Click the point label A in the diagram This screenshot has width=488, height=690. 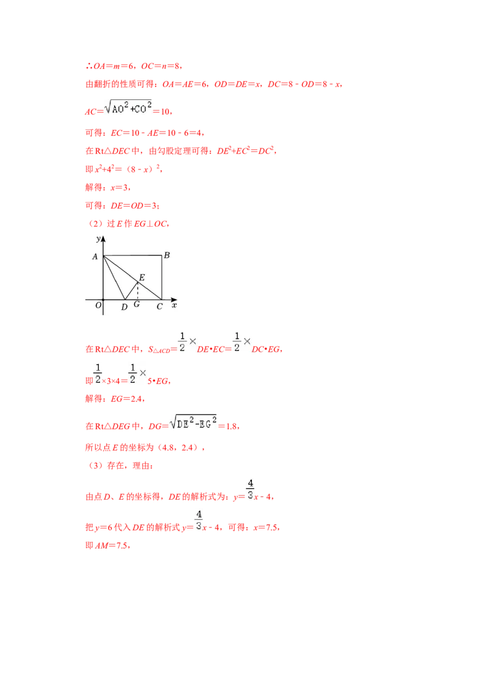point(95,257)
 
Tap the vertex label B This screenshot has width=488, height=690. point(167,255)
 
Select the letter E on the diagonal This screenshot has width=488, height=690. point(142,277)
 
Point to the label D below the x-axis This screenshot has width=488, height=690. point(124,307)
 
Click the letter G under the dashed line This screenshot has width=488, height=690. point(137,304)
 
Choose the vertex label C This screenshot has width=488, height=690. point(159,307)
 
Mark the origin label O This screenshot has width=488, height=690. point(98,305)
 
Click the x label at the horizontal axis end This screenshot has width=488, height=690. point(174,305)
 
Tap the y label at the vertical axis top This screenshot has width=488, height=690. point(98,239)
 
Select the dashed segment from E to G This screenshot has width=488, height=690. point(137,290)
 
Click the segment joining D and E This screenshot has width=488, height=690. point(131,290)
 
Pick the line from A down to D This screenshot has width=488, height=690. point(114,277)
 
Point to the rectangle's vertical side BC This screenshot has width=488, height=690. point(162,277)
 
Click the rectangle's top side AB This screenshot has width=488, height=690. point(132,255)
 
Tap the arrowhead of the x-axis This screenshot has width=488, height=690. point(174,299)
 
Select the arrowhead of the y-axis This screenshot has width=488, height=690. point(103,240)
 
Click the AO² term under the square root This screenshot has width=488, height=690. point(118,109)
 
